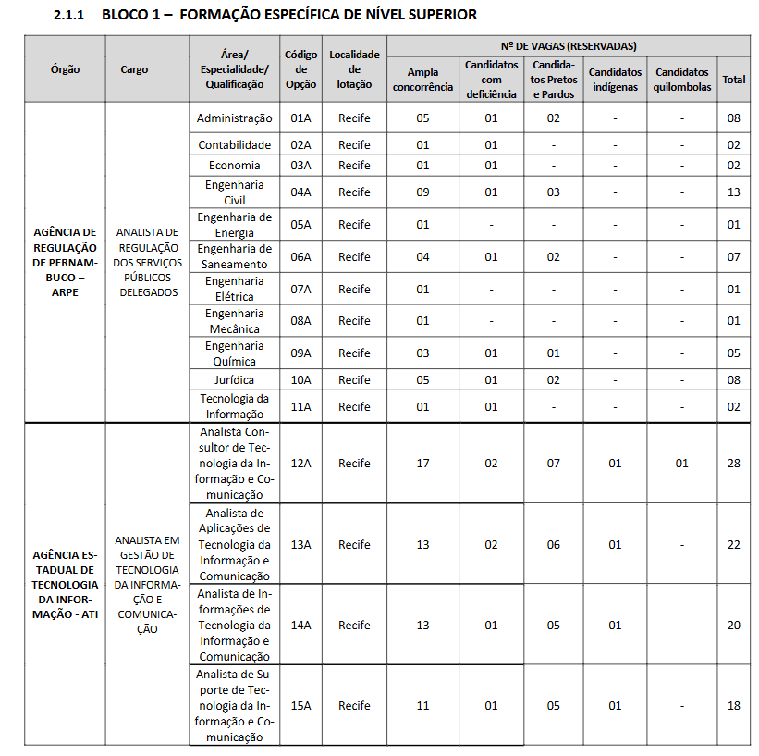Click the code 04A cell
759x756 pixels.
(301, 192)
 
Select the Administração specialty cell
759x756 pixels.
(235, 118)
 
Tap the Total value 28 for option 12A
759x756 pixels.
(733, 463)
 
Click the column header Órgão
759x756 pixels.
(66, 69)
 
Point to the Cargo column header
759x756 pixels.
(134, 69)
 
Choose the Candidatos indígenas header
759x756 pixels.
(615, 80)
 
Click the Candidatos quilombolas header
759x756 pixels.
(682, 80)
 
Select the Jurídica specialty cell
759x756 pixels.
(235, 380)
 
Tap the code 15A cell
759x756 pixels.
(301, 705)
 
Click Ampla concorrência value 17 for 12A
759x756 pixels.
(422, 463)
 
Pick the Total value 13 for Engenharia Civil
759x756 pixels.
(733, 192)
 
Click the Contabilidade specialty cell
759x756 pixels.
(235, 145)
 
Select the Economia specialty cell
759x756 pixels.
(235, 166)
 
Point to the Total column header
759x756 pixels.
(733, 80)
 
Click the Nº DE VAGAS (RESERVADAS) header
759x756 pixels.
(568, 46)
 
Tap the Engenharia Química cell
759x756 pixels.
(235, 353)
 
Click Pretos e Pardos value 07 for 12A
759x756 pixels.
(553, 463)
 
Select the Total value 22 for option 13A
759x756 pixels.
(733, 544)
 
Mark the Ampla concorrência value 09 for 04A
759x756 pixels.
(422, 192)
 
